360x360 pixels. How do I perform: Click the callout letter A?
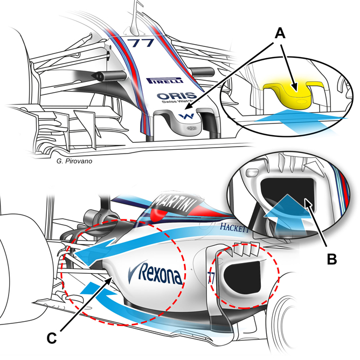click(x=280, y=33)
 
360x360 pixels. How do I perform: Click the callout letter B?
click(x=332, y=259)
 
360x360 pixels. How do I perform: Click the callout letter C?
click(x=52, y=338)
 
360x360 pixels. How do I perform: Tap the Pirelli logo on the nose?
click(x=165, y=81)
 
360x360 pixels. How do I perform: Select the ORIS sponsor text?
click(x=177, y=96)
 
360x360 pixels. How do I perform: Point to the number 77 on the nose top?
click(x=141, y=43)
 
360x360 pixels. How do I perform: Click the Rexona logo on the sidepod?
click(x=155, y=273)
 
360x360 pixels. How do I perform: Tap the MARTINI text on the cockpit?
click(x=177, y=204)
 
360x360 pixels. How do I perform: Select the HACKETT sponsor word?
click(x=234, y=228)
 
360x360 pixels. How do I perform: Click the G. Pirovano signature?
click(x=74, y=161)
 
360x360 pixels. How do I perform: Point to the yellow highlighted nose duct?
click(x=293, y=94)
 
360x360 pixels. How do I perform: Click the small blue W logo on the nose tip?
click(x=186, y=116)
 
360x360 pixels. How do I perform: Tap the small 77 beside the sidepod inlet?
click(x=211, y=278)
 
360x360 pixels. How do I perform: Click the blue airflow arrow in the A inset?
click(x=296, y=121)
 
